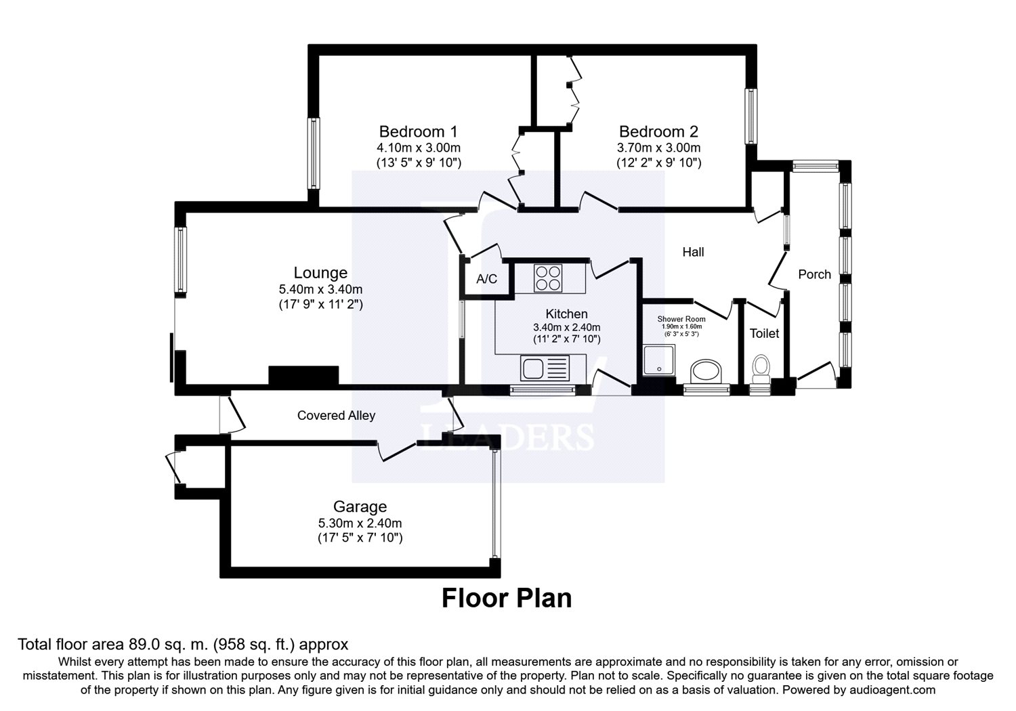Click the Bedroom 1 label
[418, 131]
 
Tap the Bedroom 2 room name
[658, 131]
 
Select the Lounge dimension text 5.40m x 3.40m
[320, 289]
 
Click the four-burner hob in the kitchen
[548, 278]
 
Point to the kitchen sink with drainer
[545, 368]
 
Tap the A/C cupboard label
[487, 279]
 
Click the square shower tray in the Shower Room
[659, 360]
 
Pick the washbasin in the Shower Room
[706, 372]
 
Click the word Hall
[693, 252]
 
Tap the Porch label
[815, 274]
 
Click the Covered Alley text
[336, 415]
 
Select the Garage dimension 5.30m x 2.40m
[360, 523]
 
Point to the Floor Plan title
[507, 598]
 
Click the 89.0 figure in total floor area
[144, 644]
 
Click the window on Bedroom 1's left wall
[314, 153]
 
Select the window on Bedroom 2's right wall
[751, 116]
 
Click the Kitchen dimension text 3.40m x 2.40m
[566, 327]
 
